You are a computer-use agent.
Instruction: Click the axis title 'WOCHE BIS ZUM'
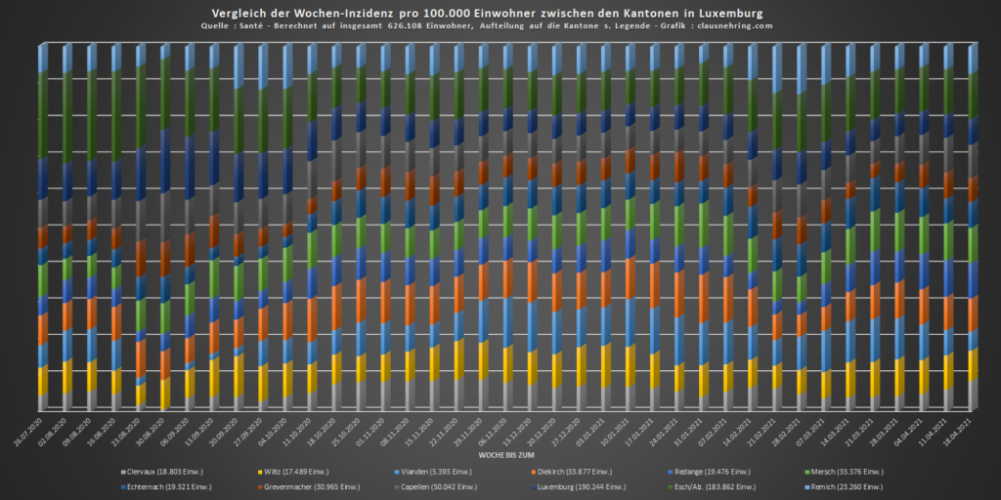[507, 455]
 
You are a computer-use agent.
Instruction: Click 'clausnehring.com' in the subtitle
[726, 26]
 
